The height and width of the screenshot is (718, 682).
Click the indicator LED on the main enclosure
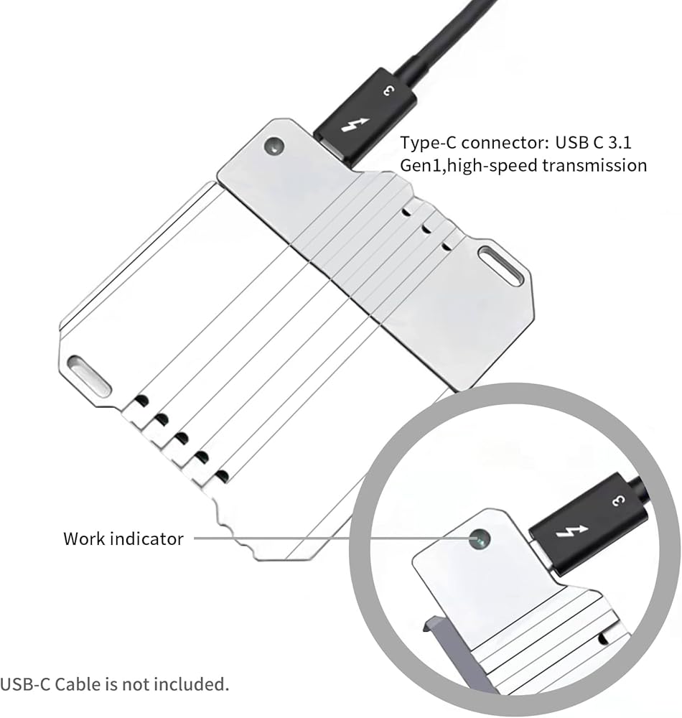(x=274, y=147)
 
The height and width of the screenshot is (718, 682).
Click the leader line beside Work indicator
(x=287, y=538)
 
